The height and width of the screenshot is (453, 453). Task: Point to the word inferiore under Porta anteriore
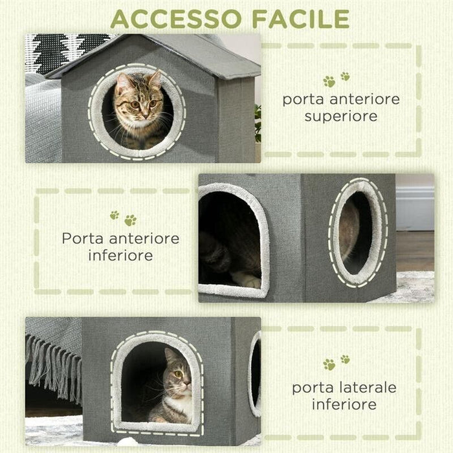pos(121,255)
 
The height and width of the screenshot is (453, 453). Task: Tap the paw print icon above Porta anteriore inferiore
pos(122,218)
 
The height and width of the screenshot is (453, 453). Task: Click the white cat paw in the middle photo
pos(248,280)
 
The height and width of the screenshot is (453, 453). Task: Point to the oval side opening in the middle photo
pos(357,232)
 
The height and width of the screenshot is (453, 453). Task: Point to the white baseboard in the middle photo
pos(414,211)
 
